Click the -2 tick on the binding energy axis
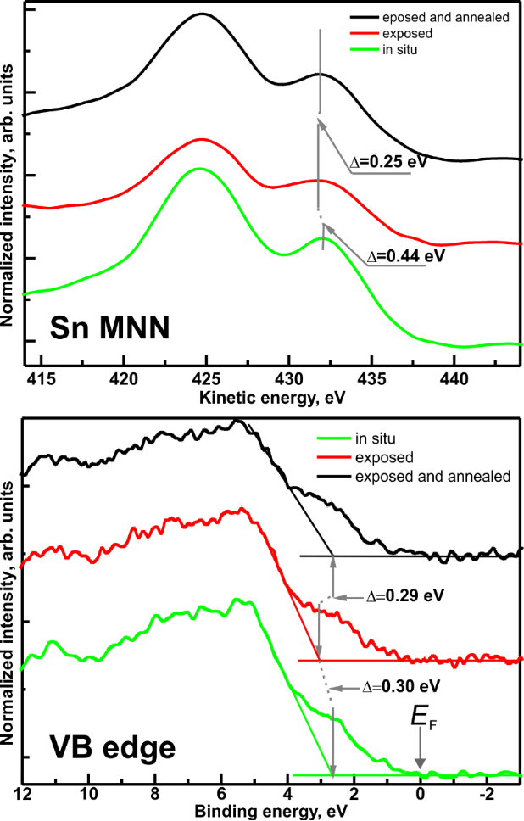tap(486, 796)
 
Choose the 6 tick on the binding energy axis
tap(220, 796)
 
